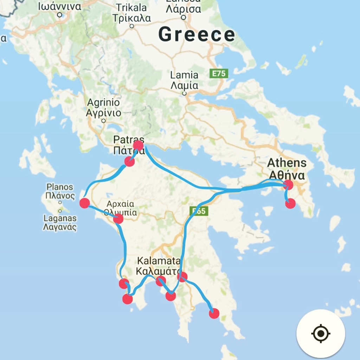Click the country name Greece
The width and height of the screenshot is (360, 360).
[x=197, y=34]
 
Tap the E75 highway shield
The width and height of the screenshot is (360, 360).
[x=219, y=73]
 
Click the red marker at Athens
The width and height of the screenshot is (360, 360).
[x=288, y=184]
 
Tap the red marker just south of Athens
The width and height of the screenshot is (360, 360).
[x=290, y=203]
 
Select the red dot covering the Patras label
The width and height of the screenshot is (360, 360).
[x=138, y=145]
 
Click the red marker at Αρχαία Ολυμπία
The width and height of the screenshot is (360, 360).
[x=118, y=219]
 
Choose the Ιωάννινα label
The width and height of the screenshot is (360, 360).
[x=59, y=6]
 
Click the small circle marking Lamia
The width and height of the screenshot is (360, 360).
[x=184, y=94]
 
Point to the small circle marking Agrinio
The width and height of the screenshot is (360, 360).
[x=103, y=121]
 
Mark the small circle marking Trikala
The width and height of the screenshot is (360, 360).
[x=132, y=26]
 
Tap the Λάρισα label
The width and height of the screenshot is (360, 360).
[x=183, y=9]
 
